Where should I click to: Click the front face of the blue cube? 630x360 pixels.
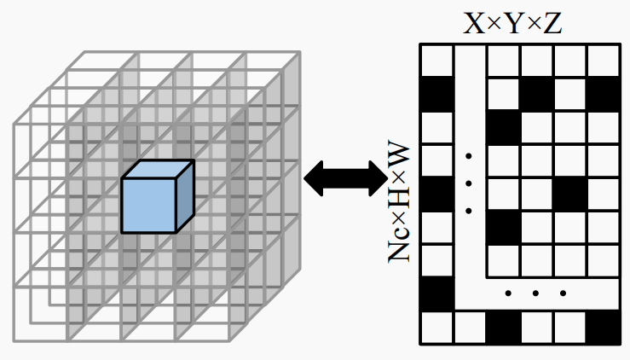click(148, 205)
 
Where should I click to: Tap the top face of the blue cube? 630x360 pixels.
click(158, 169)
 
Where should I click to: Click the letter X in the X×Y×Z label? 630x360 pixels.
click(474, 23)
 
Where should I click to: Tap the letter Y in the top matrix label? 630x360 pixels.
click(513, 23)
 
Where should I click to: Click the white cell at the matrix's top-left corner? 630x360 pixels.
click(437, 60)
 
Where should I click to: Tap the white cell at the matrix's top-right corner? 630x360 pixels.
click(604, 60)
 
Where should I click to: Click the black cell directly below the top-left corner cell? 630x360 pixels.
click(437, 93)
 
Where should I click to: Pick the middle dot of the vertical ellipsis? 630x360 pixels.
click(468, 183)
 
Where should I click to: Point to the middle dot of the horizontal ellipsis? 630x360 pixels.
click(535, 294)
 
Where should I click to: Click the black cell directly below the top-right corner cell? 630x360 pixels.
click(604, 93)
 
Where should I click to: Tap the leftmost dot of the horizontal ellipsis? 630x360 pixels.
click(508, 294)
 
